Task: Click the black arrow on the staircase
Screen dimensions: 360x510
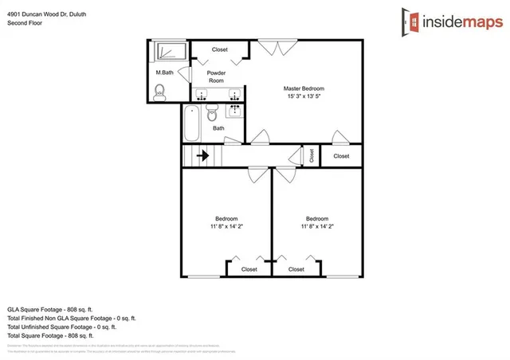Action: [x=202, y=156]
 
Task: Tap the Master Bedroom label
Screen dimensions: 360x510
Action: [x=304, y=88]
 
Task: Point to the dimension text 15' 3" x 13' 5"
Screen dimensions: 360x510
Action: [x=304, y=96]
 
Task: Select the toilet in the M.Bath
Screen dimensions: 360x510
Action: [x=160, y=92]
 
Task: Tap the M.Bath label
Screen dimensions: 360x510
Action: [x=164, y=73]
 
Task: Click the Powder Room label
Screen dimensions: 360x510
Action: [x=216, y=76]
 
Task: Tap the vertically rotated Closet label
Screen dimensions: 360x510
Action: [x=312, y=155]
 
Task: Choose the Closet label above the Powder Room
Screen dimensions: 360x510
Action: [x=220, y=49]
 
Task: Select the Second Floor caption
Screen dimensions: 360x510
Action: [x=24, y=24]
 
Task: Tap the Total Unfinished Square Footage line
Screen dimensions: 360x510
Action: [x=61, y=327]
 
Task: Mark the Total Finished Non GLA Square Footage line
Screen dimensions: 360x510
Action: [x=66, y=318]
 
